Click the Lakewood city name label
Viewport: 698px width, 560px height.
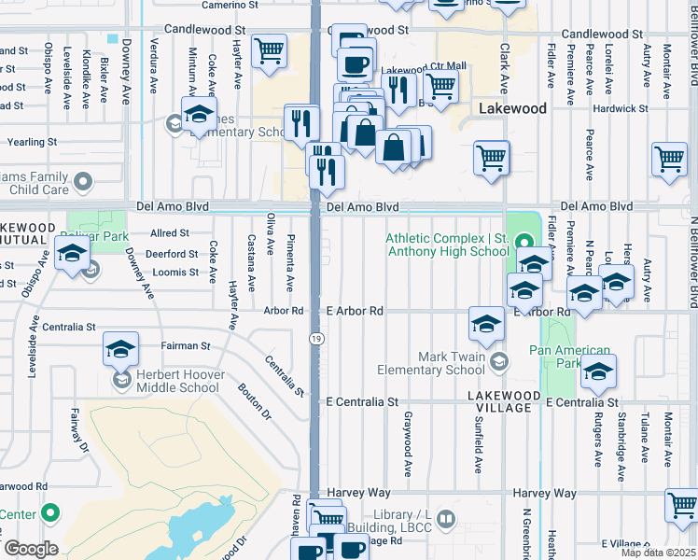coord(512,109)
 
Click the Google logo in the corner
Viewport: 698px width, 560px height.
coord(31,549)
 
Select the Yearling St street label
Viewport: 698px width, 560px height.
coord(32,143)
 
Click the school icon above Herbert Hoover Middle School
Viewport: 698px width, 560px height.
coord(120,349)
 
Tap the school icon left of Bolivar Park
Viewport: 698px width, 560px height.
coord(72,253)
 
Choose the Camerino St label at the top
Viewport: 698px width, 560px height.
coord(230,5)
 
